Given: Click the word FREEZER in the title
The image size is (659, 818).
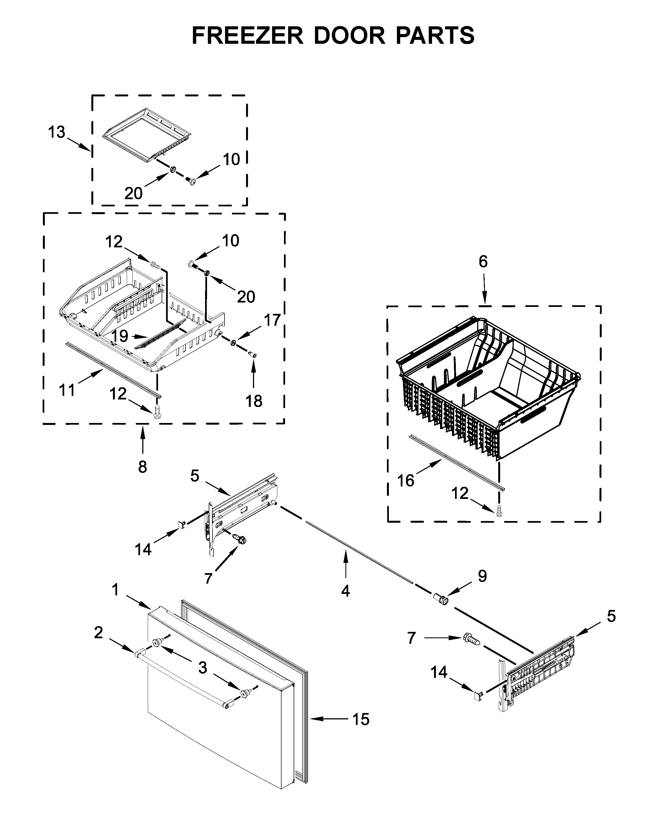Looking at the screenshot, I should pos(247,36).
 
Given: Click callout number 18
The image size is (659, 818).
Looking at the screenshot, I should pos(254,401).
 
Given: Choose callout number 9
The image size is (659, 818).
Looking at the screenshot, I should pos(482,576).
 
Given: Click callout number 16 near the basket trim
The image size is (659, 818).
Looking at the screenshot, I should pos(405,481).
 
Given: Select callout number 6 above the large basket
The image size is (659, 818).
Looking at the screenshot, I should pos(483,261).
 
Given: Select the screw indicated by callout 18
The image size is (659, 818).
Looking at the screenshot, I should pos(252,355).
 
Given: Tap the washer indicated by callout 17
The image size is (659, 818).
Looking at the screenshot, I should pos(233,343).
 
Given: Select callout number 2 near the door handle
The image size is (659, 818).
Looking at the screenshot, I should pos(98,633).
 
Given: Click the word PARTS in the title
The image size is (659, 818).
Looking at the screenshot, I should pos(435,36).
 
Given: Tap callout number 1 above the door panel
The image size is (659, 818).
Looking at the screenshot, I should pos(115,590).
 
